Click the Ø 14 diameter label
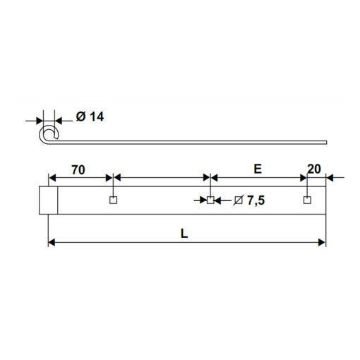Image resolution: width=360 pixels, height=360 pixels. click(90, 116)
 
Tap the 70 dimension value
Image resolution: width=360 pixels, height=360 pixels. click(78, 170)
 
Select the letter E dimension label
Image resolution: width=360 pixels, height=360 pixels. click(258, 169)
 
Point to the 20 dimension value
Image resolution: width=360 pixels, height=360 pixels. click(314, 169)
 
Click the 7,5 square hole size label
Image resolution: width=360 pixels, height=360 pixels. click(256, 200)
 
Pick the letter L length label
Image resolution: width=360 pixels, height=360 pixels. click(184, 234)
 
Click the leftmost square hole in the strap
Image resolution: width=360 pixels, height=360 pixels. click(114, 200)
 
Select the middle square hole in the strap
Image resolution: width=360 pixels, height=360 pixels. click(210, 200)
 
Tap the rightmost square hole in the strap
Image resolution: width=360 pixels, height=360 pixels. click(307, 200)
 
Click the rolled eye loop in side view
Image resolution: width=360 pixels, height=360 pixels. click(40, 135)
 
